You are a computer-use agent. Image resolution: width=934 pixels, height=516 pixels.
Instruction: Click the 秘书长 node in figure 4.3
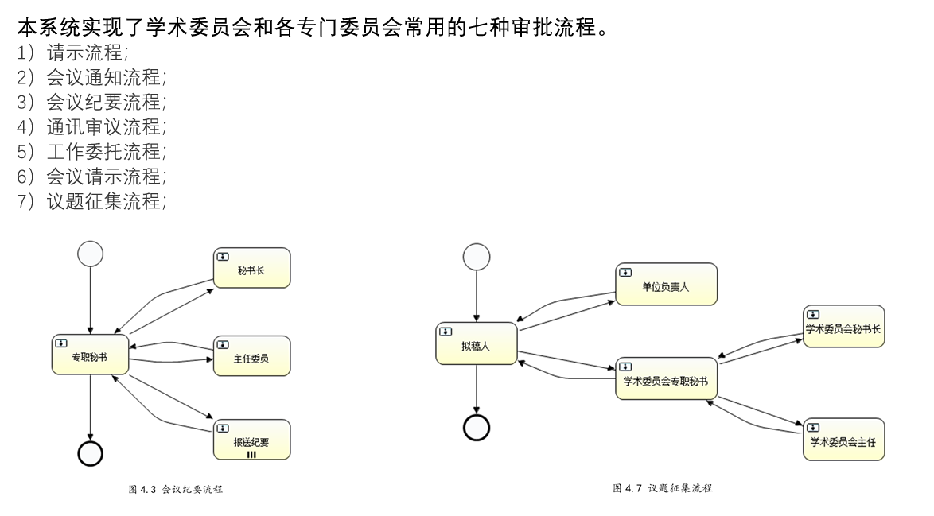(251, 268)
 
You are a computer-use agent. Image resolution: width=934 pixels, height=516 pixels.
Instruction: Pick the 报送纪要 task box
(251, 439)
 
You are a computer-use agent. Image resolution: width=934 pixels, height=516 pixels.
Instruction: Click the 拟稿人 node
(477, 343)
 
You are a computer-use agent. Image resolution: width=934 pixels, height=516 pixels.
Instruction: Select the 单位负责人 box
(666, 285)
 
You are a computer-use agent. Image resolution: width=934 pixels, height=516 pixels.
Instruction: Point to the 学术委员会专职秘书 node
(666, 378)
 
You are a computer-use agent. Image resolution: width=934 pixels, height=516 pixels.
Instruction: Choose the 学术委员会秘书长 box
(843, 326)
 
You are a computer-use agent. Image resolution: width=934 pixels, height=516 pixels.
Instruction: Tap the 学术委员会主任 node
(843, 439)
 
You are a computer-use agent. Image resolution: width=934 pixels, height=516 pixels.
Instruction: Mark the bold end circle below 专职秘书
(91, 452)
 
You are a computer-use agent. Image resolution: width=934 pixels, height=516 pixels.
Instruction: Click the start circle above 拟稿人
(477, 256)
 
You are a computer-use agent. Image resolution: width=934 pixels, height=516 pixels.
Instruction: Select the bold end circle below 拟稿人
(477, 428)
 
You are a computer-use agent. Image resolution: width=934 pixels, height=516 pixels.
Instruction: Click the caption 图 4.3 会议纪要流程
(176, 490)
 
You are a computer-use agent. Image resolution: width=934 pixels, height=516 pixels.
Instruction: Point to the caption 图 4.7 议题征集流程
(662, 487)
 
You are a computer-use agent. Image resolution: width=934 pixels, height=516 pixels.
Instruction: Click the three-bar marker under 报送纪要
(251, 454)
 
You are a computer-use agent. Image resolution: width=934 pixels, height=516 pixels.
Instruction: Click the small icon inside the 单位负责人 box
(626, 272)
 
